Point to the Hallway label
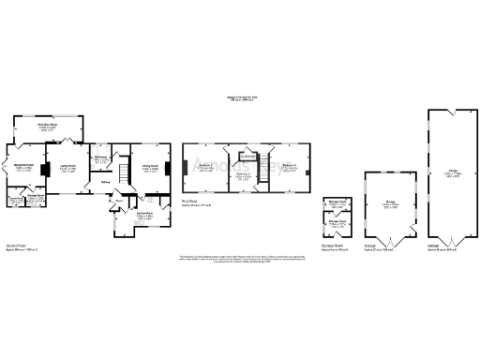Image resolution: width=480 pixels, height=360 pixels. tap(106, 182)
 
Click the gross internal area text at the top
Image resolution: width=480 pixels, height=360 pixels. tap(240, 98)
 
